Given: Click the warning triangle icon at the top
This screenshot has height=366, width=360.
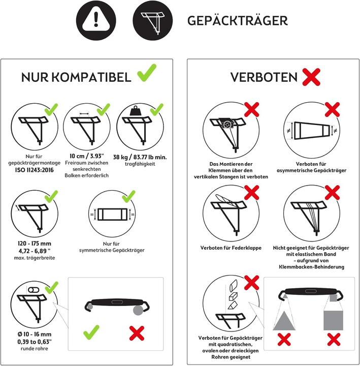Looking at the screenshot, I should coord(94,20).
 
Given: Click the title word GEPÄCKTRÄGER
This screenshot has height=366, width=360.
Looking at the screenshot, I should coord(237,20).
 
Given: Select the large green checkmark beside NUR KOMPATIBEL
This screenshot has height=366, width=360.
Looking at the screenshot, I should coord(147,75).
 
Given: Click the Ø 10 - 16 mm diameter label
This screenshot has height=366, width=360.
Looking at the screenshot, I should coord(33,334).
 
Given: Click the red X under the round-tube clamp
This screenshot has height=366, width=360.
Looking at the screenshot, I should coord(137,333).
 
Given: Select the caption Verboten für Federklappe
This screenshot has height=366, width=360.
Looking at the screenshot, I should coord(231,248).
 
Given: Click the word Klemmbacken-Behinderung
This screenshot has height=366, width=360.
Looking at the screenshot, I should coord(315,266).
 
